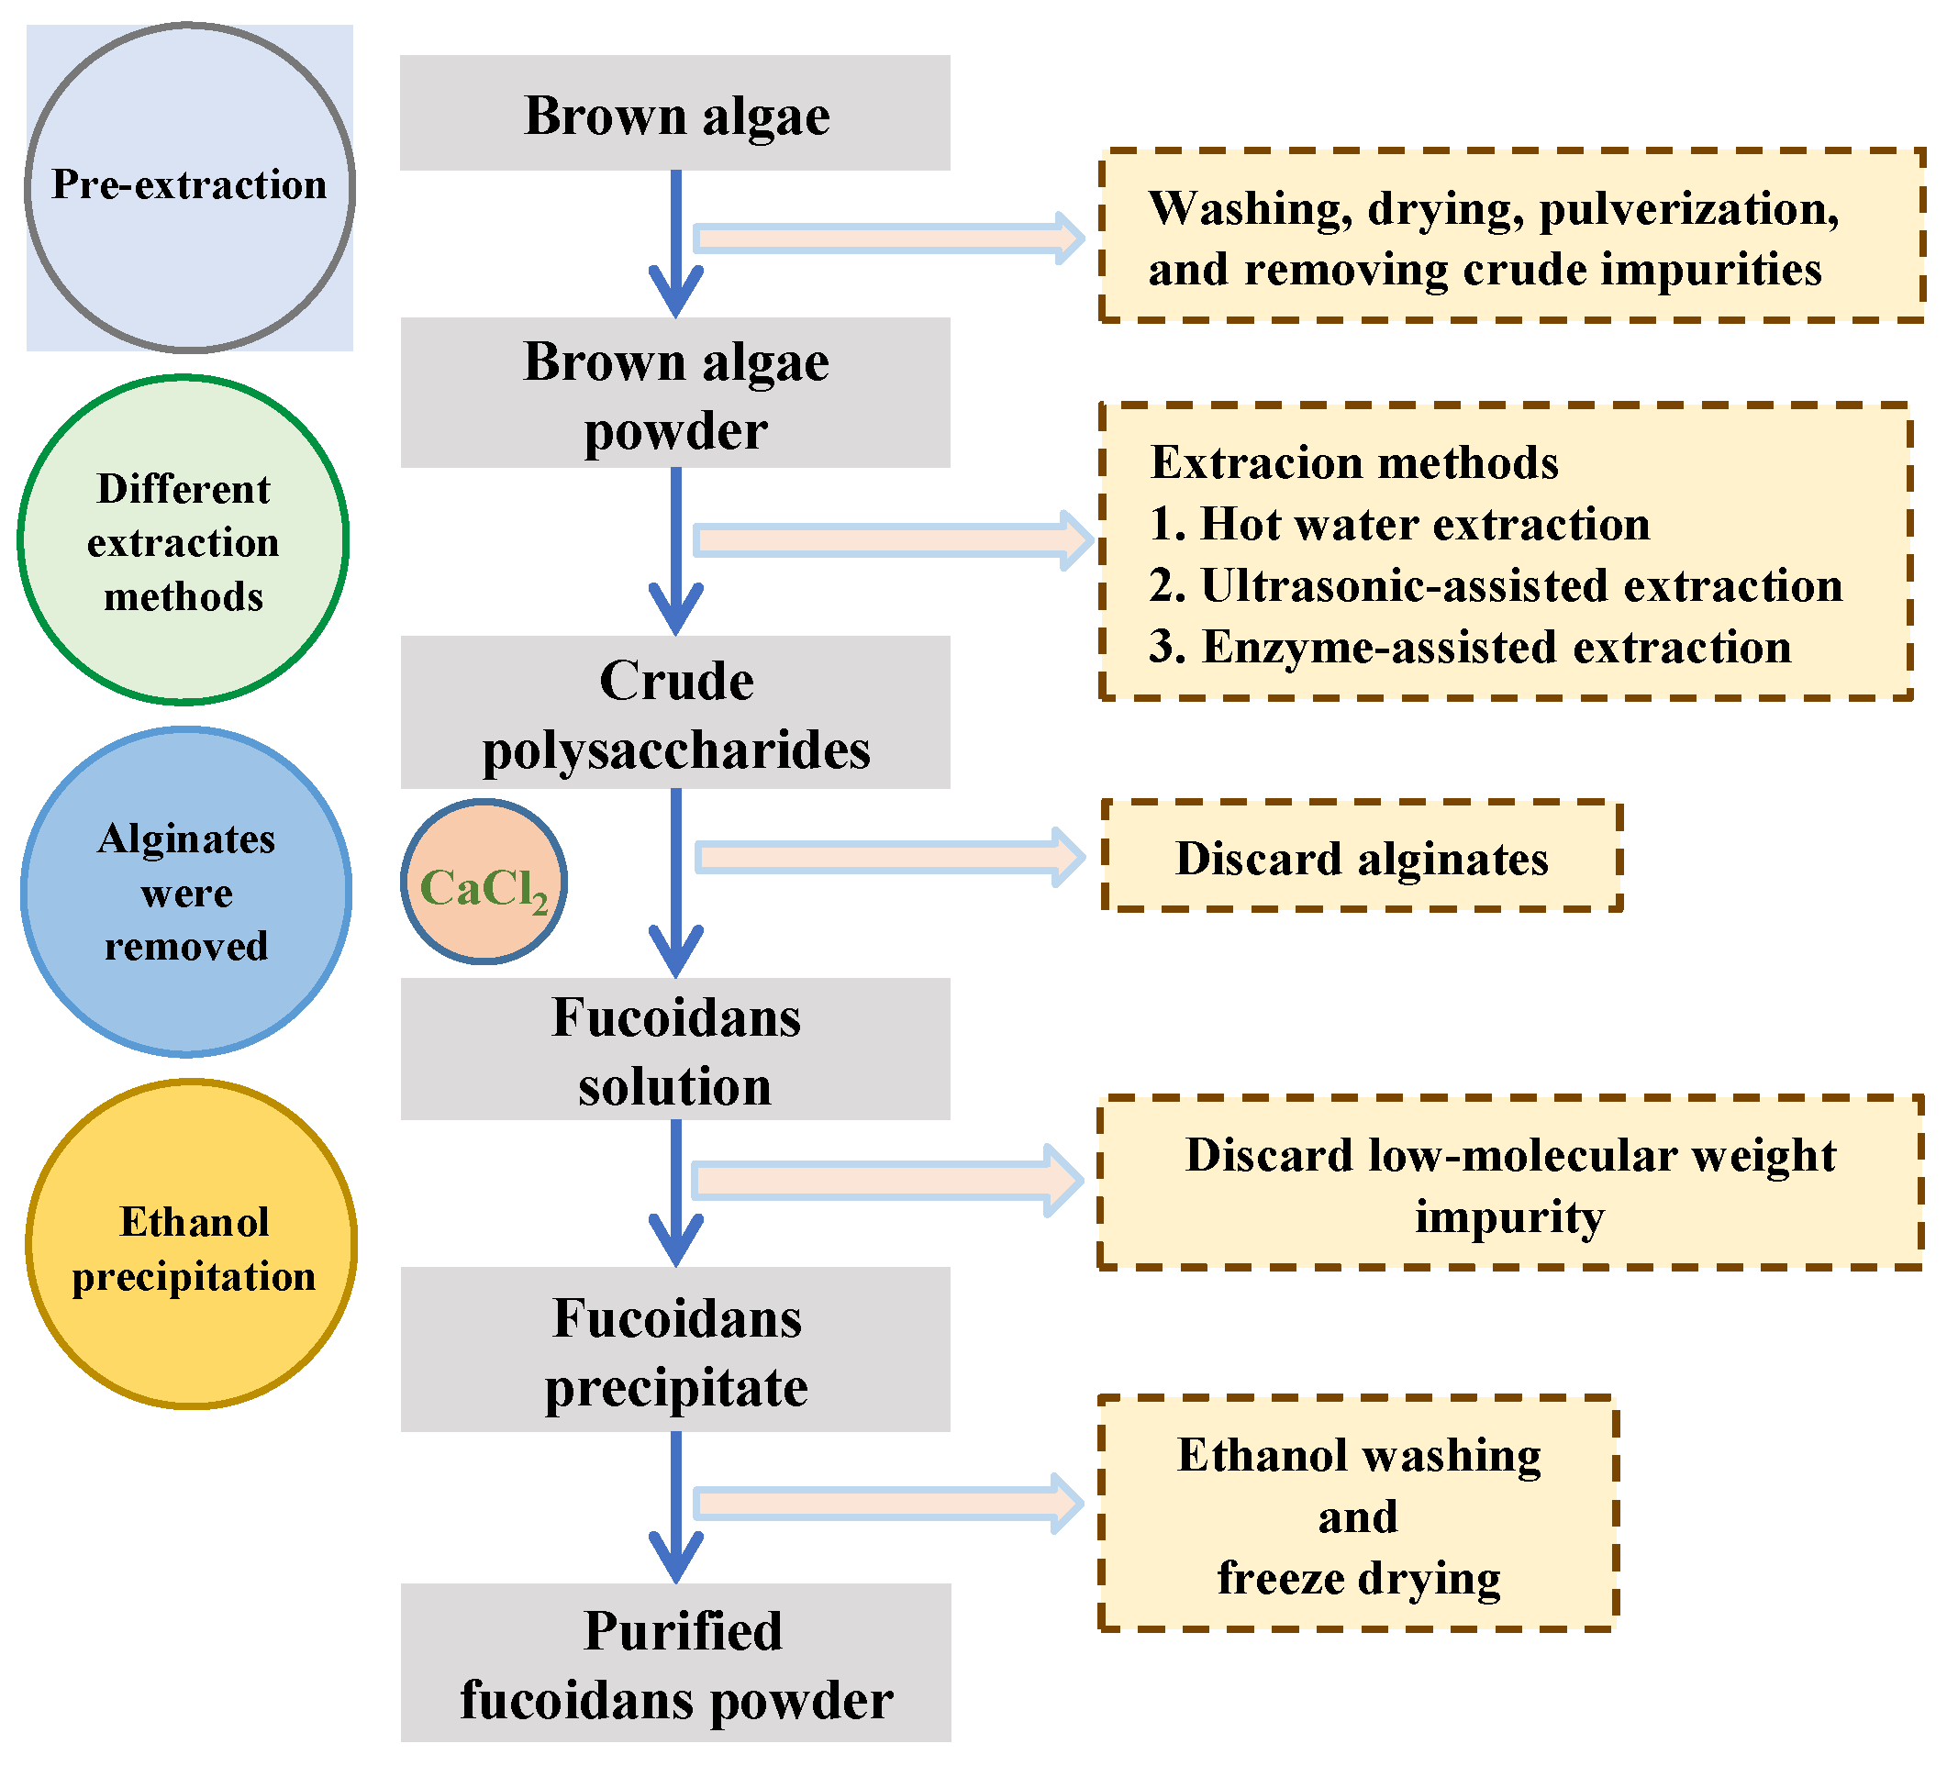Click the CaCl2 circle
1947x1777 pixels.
point(484,882)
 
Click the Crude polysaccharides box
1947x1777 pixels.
point(675,712)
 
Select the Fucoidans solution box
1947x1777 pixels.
point(675,1049)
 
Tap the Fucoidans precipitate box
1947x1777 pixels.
point(675,1349)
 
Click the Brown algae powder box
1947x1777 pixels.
point(675,393)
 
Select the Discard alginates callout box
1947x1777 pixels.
point(1362,856)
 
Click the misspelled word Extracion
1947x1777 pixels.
point(1256,462)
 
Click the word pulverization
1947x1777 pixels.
point(1689,209)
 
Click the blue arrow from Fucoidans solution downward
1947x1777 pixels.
point(676,1194)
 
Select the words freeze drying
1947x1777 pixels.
point(1359,1579)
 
